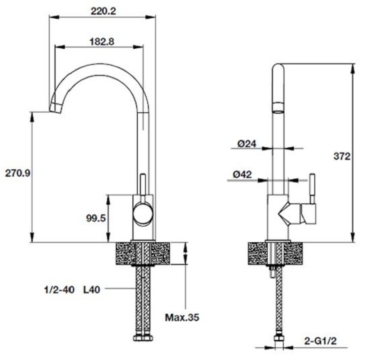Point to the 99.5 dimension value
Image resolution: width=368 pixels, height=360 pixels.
(x=96, y=218)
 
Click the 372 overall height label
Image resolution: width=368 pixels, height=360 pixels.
(x=341, y=157)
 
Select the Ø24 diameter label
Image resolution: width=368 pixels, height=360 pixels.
(x=247, y=143)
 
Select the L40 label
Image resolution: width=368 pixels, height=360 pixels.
(x=93, y=290)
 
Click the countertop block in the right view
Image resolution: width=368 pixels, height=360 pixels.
(x=277, y=253)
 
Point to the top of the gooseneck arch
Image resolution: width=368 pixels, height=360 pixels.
(x=100, y=66)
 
